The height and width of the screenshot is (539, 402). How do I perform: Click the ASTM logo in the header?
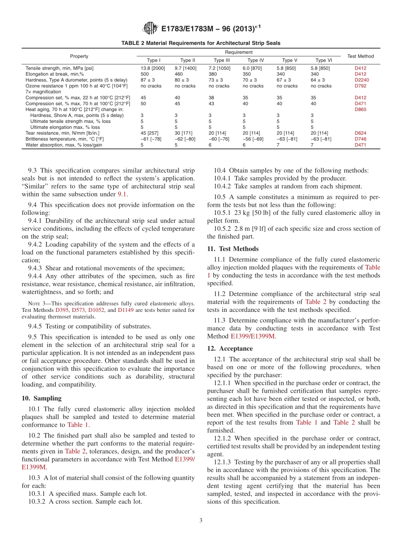click(151, 29)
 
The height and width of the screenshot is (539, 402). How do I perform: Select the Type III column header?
click(221, 60)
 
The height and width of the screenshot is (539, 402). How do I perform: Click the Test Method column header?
click(360, 56)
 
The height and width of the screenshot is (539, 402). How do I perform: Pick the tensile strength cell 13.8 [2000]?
click(153, 68)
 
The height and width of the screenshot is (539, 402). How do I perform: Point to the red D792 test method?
click(361, 86)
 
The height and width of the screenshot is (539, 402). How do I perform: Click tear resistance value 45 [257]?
click(149, 133)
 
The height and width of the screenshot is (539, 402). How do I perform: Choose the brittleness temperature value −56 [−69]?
click(253, 139)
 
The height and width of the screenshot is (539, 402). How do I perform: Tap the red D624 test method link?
click(361, 133)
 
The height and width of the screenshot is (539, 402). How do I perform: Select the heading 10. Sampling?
click(41, 398)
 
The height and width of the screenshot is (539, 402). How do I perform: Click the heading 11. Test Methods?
click(233, 249)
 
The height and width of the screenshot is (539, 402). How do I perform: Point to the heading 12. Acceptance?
click(230, 349)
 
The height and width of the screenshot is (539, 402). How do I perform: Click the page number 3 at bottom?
click(201, 520)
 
